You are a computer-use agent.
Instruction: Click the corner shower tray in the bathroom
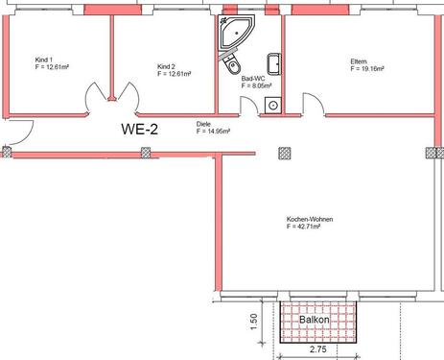pos(232,34)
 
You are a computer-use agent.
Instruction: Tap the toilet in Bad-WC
pos(231,68)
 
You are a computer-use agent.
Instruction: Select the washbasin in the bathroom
pos(273,62)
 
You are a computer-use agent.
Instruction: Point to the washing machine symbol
pos(273,105)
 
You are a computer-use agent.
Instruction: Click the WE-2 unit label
pos(139,128)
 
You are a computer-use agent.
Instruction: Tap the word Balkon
pos(315,319)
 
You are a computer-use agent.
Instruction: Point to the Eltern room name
pos(359,62)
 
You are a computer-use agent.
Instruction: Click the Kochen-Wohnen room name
pos(309,220)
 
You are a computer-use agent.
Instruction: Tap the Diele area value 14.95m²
pos(214,132)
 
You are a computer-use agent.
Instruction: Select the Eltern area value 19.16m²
pos(367,70)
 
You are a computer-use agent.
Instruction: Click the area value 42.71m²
pos(309,228)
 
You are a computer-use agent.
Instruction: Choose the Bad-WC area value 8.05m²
pos(254,85)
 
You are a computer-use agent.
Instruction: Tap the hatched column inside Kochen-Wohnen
pos(283,152)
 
